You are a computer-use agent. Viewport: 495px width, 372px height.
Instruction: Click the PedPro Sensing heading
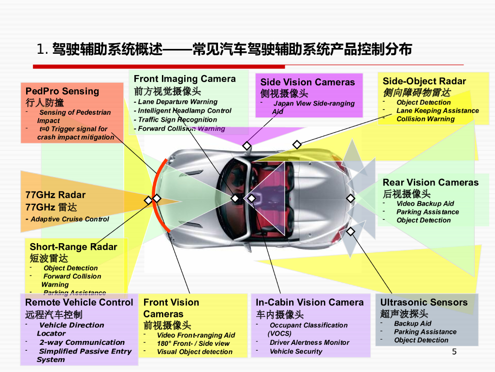click(62, 91)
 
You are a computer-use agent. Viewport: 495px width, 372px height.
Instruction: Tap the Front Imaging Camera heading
click(185, 79)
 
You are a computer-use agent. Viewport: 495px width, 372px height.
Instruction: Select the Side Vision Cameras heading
click(307, 82)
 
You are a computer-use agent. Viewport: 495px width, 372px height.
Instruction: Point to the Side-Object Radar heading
click(424, 81)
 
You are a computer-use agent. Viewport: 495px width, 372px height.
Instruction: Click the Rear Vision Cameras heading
click(430, 183)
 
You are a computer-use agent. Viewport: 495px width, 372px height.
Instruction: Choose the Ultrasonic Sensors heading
click(424, 303)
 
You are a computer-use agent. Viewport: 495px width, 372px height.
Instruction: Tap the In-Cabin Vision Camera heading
click(309, 303)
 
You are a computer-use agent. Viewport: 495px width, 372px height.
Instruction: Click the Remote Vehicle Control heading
click(79, 303)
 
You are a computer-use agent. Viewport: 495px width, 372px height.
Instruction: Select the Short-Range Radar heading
click(73, 247)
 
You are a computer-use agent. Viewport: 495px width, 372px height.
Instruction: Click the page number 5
click(454, 352)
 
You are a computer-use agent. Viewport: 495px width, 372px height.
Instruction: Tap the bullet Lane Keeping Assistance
click(437, 111)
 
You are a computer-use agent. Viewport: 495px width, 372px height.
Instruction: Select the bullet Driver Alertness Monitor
click(309, 342)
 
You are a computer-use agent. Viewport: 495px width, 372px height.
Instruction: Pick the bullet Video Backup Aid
click(425, 204)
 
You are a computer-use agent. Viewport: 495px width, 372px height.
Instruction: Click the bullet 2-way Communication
click(82, 342)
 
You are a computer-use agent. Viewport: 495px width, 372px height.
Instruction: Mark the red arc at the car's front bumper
click(156, 194)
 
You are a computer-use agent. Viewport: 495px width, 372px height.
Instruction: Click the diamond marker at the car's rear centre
click(351, 198)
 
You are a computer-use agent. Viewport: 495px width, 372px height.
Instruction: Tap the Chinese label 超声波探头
click(404, 314)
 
